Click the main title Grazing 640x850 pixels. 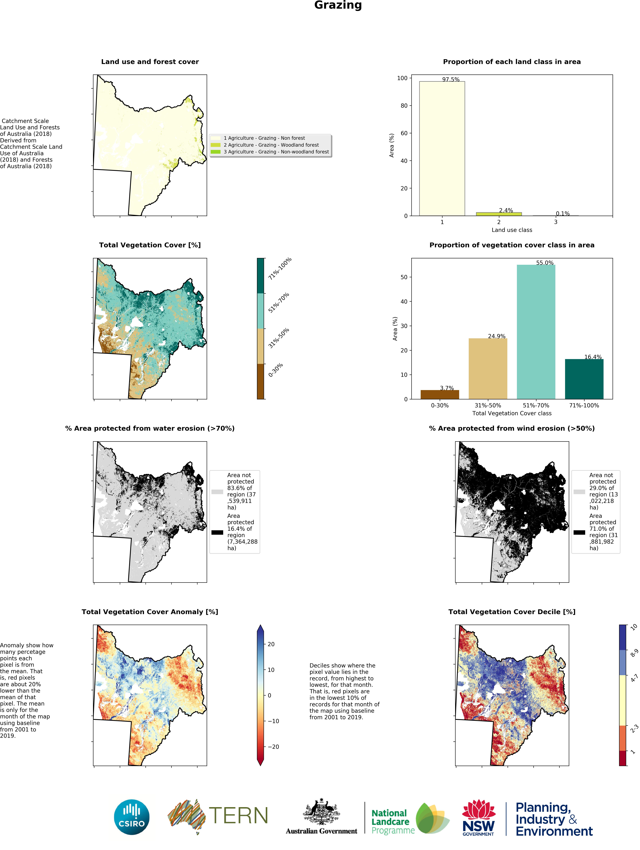338,5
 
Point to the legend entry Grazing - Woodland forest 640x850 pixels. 271,145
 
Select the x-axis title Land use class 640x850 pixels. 512,230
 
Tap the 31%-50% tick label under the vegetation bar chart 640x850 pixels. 488,405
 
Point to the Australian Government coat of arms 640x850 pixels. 321,812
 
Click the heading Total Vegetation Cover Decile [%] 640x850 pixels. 512,612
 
